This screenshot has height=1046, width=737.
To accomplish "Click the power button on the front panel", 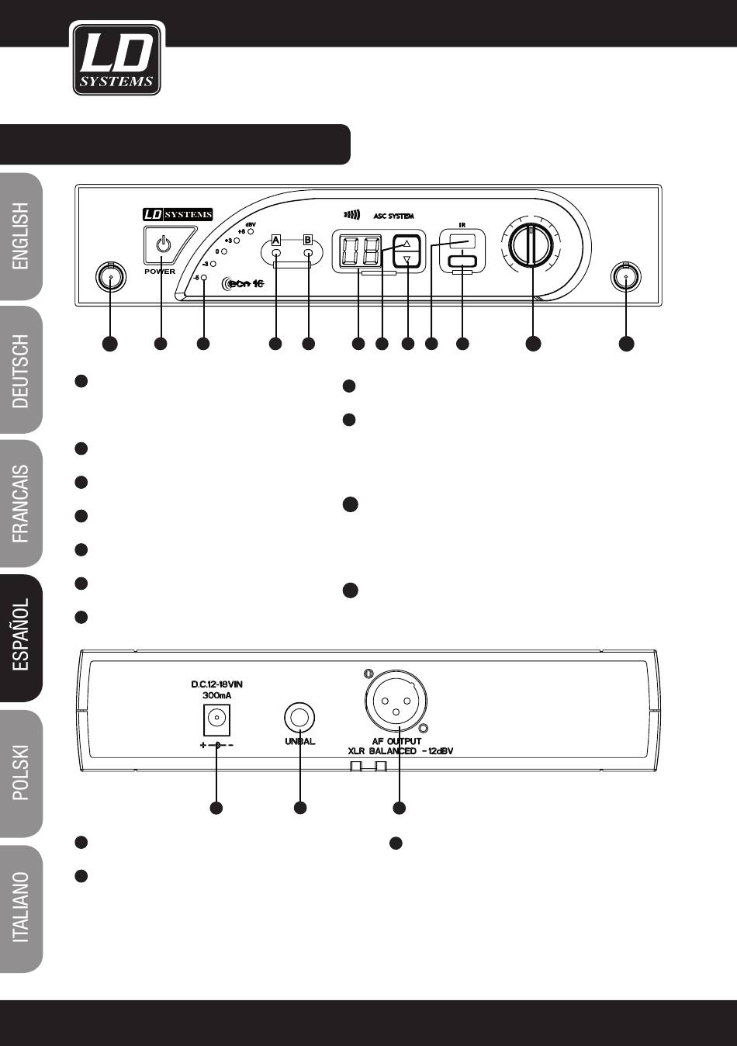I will click(162, 246).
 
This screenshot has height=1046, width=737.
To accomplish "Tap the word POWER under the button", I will click(160, 272).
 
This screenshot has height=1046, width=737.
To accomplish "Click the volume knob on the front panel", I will click(534, 245).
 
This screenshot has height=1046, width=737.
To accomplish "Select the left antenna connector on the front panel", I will click(110, 277).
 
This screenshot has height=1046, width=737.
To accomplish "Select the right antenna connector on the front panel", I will click(625, 276).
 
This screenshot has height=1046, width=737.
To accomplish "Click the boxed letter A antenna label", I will click(276, 240).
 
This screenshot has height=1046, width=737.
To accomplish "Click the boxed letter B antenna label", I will click(307, 240).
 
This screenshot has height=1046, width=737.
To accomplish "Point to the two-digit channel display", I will click(358, 251).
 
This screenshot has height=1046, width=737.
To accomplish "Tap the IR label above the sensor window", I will click(462, 225).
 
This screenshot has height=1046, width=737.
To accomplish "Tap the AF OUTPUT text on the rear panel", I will click(396, 742).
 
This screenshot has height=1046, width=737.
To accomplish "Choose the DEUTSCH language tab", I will click(21, 372).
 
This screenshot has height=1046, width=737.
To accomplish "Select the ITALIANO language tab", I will click(21, 907).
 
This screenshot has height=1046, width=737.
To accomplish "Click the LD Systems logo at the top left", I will click(116, 59).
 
